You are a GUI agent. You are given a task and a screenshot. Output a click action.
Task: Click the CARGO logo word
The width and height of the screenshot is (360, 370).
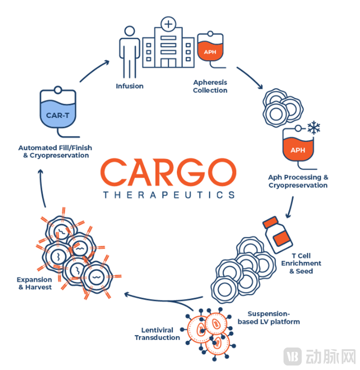click(x=168, y=172)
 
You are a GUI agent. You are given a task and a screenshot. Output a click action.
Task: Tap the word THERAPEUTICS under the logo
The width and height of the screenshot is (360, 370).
click(x=168, y=195)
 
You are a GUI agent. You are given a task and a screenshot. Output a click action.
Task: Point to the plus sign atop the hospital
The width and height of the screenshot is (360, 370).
click(x=168, y=23)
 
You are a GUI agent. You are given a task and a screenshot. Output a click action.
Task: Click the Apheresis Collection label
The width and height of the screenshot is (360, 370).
click(x=210, y=86)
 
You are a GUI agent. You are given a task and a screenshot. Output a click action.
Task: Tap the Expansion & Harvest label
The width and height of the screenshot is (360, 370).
click(x=35, y=283)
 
